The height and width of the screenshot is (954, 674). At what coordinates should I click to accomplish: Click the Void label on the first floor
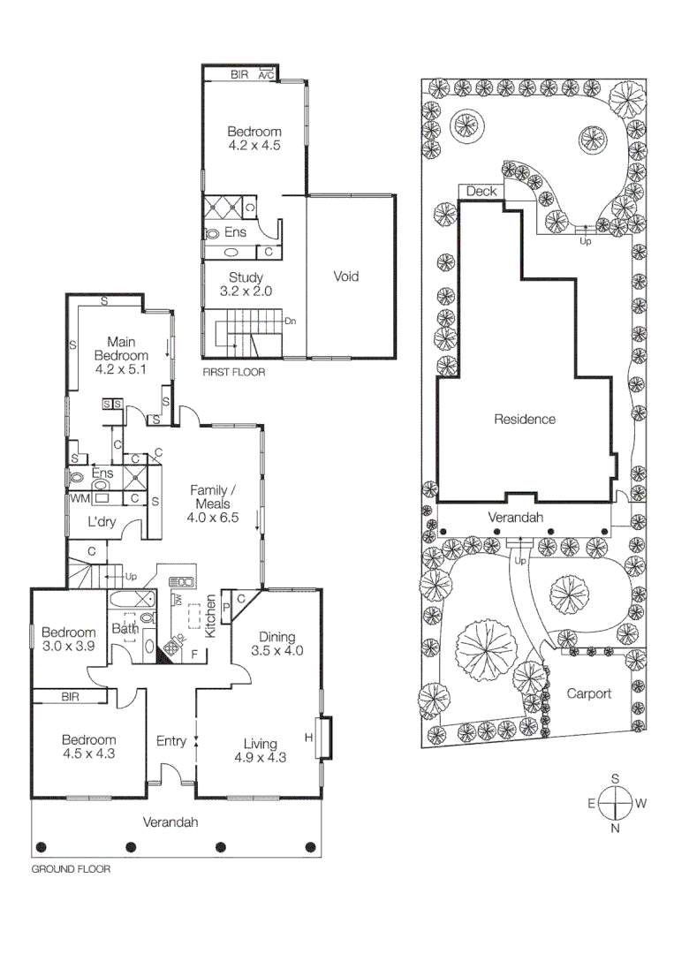click(x=346, y=276)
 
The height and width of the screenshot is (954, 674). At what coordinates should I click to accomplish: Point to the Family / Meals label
click(x=213, y=503)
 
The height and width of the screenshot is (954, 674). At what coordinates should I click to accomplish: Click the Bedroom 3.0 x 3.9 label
click(x=68, y=639)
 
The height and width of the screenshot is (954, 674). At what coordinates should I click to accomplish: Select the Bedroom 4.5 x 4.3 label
click(x=88, y=746)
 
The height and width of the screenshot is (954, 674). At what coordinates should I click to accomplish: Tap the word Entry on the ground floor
click(x=170, y=741)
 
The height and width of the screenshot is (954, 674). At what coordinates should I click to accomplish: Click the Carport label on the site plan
click(x=589, y=693)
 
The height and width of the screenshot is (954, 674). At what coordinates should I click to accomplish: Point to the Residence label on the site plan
click(x=525, y=420)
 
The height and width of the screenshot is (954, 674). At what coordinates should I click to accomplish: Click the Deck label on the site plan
click(x=481, y=191)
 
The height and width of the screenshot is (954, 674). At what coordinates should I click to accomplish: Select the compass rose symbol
click(x=615, y=804)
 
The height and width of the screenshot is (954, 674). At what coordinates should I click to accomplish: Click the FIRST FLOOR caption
click(x=233, y=372)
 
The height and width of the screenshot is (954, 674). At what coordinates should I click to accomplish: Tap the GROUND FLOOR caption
click(x=71, y=869)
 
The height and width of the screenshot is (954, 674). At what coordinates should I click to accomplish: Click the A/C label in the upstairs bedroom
click(x=266, y=76)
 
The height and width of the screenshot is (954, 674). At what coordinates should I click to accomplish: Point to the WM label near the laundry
click(x=79, y=498)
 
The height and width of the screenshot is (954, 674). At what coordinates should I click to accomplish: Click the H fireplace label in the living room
click(x=309, y=737)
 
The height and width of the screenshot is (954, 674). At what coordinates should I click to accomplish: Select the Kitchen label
click(x=211, y=617)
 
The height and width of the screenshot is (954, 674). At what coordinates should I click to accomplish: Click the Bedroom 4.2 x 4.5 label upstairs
click(x=254, y=139)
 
